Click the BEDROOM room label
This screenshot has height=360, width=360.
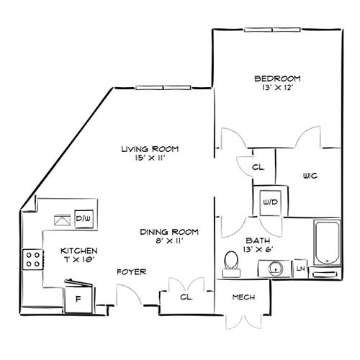[x=277, y=78]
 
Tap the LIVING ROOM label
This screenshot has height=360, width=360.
[x=150, y=149]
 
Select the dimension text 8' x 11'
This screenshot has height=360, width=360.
[x=169, y=240]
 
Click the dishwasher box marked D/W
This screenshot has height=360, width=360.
[x=84, y=219]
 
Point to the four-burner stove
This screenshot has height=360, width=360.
[x=33, y=259]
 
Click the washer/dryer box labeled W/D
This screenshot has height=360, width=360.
[x=270, y=203]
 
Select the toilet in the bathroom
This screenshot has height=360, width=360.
[x=231, y=264]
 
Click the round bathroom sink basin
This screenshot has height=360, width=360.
[x=276, y=269]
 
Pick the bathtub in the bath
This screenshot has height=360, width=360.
[x=327, y=243]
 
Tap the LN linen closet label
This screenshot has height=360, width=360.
[x=300, y=269]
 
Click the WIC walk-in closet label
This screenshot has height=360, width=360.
[x=310, y=176]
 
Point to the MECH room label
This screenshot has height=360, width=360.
[x=243, y=297]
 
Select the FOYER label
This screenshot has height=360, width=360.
[x=132, y=272]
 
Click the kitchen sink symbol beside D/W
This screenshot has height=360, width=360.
[x=62, y=220]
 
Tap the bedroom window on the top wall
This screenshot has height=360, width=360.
[x=272, y=30]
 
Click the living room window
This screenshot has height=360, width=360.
[x=163, y=88]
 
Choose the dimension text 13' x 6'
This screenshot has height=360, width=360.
[x=258, y=250]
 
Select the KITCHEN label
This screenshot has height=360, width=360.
[x=79, y=251]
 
